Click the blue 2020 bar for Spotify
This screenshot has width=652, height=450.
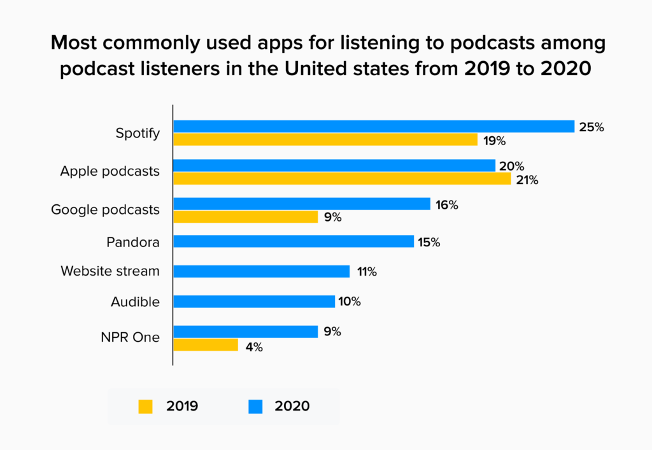click(374, 127)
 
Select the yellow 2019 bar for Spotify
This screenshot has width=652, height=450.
click(325, 139)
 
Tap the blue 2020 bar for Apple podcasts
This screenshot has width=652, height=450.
click(334, 165)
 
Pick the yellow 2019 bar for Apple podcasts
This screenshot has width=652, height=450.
click(342, 179)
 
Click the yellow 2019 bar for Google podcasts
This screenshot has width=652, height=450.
click(246, 217)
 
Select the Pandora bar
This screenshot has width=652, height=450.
click(294, 242)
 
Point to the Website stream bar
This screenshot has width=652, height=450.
click(262, 271)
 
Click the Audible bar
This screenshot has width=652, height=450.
click(254, 301)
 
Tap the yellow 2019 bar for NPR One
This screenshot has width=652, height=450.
click(206, 345)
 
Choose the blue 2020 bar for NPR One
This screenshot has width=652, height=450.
click(246, 332)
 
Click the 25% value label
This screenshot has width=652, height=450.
click(591, 127)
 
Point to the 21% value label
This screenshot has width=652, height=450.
click(527, 180)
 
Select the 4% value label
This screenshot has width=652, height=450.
click(253, 348)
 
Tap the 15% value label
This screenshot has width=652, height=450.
click(429, 243)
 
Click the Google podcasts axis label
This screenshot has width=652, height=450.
click(105, 209)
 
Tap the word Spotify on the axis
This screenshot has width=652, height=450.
click(138, 134)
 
